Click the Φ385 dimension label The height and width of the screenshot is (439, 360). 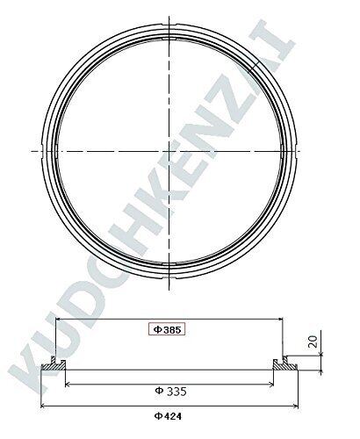click(168, 330)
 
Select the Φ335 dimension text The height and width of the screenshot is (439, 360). click(170, 391)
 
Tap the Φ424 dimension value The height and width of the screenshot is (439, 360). click(168, 416)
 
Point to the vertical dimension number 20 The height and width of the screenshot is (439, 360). click(313, 342)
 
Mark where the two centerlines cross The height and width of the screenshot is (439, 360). click(169, 151)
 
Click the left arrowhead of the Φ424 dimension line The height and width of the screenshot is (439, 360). click(43, 406)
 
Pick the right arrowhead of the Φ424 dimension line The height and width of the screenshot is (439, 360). click(295, 406)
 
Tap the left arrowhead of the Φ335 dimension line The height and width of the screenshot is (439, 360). click(68, 384)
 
